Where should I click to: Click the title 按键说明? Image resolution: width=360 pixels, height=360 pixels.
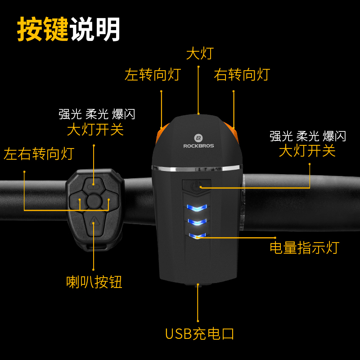pos(69,30)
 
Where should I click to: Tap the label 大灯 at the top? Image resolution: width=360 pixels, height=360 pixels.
pos(199,54)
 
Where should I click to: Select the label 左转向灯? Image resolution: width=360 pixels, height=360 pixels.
pos(153,74)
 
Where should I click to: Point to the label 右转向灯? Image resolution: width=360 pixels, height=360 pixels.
pos(242,74)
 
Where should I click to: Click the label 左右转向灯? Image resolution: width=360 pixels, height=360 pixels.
pos(39,154)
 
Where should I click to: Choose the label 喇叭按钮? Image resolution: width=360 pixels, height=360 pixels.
pos(94,282)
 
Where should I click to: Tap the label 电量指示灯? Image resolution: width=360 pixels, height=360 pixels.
pos(304,247)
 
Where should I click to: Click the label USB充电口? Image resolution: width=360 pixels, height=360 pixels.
pos(199,334)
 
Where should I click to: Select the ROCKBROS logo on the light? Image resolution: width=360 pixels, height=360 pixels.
pos(198,141)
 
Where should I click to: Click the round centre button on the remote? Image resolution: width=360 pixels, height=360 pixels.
pos(94,200)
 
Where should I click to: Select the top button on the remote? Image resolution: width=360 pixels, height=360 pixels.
pos(94,183)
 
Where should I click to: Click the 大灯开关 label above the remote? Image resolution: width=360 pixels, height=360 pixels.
pos(95,130)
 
